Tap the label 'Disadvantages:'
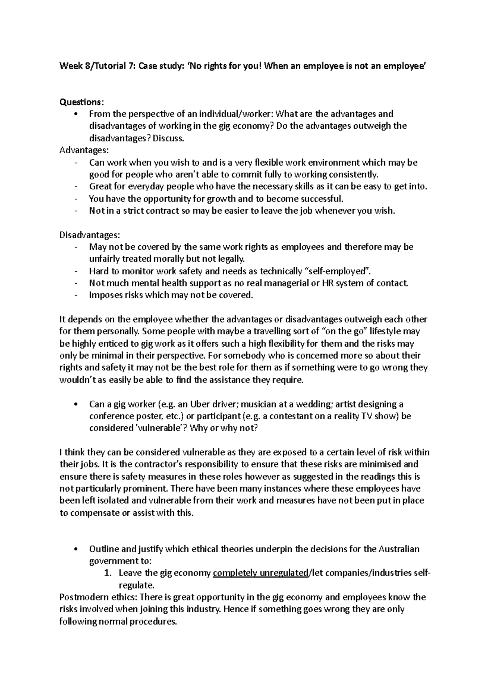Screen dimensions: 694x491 click(90, 235)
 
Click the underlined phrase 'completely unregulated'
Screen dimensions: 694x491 click(260, 573)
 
